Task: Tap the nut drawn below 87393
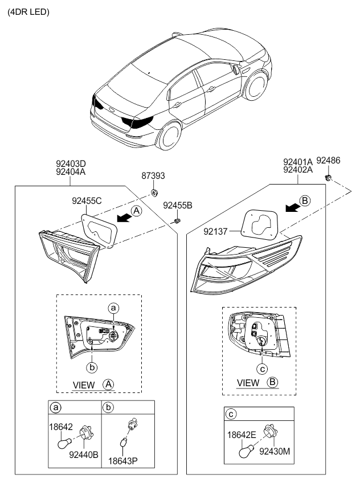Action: (154, 193)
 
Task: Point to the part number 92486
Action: (328, 161)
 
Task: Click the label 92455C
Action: (87, 200)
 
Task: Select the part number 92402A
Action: (298, 169)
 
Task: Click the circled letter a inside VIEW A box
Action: (113, 308)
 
